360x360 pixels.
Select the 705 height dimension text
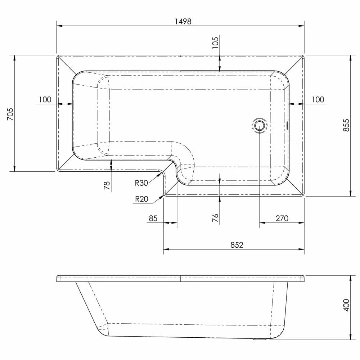tap(10, 114)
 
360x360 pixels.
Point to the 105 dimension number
tap(215, 43)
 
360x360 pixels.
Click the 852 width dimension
tap(237, 245)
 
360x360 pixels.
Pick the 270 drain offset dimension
tap(282, 219)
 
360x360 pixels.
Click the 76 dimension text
tap(215, 218)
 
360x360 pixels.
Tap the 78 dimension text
tap(107, 185)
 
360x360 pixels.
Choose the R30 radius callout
tap(141, 183)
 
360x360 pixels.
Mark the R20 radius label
tap(141, 199)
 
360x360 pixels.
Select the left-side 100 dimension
tap(45, 100)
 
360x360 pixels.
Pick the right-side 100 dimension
tap(318, 100)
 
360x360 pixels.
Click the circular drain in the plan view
tap(260, 126)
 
